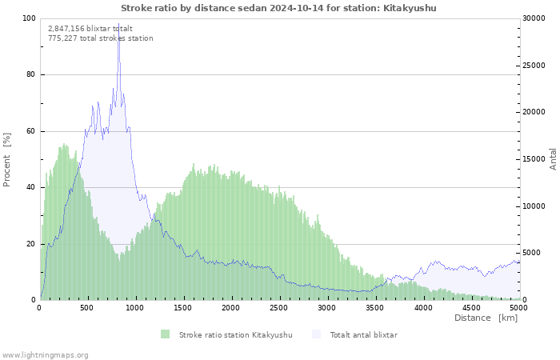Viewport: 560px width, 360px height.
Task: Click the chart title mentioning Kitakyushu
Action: click(279, 8)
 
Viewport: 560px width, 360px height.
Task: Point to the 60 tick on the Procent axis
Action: click(30, 131)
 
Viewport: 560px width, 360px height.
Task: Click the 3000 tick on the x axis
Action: click(326, 307)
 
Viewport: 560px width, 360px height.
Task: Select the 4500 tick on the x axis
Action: click(470, 307)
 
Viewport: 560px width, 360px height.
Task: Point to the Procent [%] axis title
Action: click(7, 159)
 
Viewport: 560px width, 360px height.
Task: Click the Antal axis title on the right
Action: click(553, 158)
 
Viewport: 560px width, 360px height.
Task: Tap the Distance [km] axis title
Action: click(486, 318)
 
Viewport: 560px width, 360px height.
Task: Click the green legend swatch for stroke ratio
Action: click(165, 334)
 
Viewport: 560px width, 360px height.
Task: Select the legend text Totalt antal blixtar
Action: click(363, 334)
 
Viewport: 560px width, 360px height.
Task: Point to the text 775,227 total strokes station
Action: click(100, 38)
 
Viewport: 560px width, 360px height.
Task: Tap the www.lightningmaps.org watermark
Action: click(45, 354)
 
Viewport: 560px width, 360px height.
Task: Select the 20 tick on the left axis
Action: click(30, 244)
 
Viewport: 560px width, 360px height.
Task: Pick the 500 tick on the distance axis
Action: click(87, 307)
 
